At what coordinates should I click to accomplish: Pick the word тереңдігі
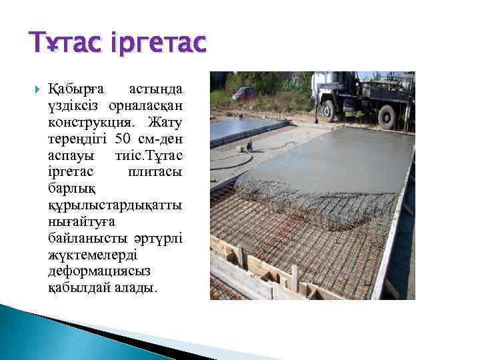78,139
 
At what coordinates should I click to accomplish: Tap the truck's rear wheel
389,117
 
